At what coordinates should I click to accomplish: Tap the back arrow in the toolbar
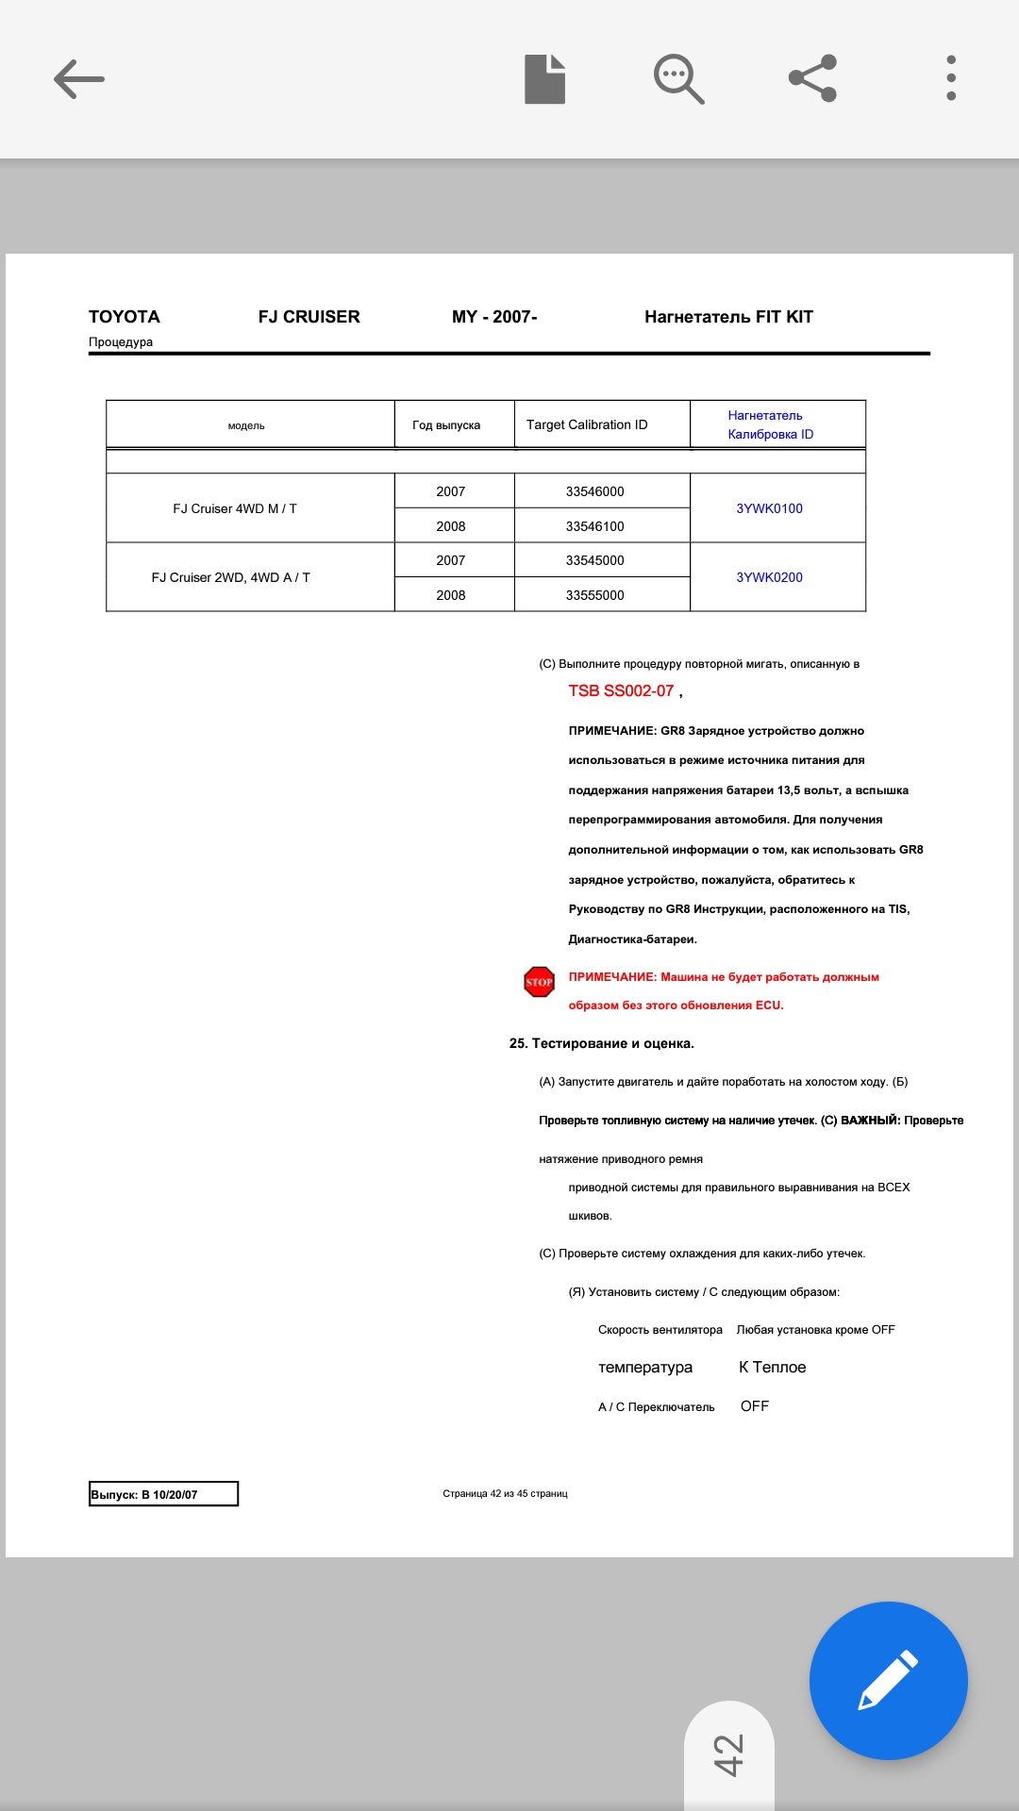point(79,79)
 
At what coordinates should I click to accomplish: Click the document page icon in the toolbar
point(544,79)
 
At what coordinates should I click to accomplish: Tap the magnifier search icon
point(678,79)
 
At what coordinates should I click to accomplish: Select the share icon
point(812,78)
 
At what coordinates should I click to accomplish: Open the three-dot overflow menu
point(950,78)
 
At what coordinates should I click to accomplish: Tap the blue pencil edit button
point(888,1680)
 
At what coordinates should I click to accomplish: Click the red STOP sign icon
point(539,982)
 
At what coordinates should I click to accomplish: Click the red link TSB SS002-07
point(621,690)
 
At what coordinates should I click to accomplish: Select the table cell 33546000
point(594,491)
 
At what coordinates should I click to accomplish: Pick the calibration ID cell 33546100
point(594,526)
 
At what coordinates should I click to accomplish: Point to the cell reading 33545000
point(594,560)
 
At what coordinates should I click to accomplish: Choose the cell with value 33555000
point(594,595)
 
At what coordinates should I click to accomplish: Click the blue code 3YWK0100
point(769,508)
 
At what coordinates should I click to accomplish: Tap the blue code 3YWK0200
point(769,577)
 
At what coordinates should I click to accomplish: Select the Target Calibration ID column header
point(587,424)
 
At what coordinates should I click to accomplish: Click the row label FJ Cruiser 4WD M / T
point(235,508)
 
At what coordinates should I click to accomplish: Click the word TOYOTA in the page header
point(125,317)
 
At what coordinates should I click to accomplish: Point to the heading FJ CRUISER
point(309,317)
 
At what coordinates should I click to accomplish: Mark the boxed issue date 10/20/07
point(163,1494)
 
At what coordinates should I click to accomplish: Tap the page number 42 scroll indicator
point(728,1754)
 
